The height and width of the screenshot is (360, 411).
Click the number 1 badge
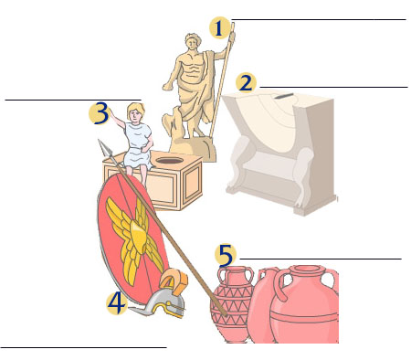219,27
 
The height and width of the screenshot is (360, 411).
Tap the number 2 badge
246,83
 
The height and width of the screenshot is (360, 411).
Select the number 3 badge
100,113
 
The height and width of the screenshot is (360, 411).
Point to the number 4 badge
117,303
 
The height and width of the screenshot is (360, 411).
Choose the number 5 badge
226,254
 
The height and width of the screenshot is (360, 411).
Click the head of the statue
193,43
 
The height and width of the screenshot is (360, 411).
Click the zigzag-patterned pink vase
233,304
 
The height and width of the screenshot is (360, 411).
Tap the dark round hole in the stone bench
170,160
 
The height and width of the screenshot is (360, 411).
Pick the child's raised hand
111,111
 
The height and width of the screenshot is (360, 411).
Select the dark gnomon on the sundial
284,96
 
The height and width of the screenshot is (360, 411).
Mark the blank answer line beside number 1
319,20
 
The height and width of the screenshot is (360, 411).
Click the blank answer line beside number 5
321,259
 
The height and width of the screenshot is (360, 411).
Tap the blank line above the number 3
73,100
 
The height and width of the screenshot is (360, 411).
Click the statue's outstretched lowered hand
167,87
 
